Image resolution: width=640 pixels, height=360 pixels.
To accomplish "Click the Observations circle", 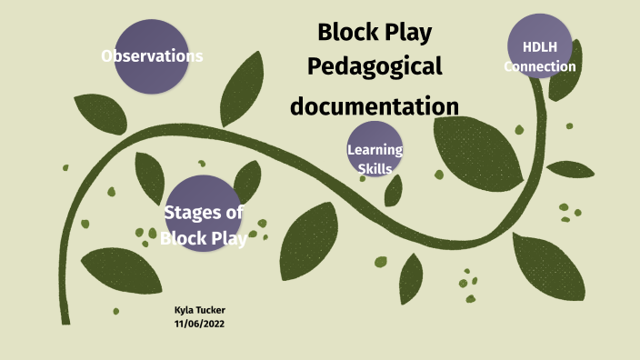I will [x=151, y=56].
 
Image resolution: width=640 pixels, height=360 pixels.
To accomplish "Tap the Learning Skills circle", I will [x=375, y=148].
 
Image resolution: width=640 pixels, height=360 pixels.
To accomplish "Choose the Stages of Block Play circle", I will [x=203, y=214].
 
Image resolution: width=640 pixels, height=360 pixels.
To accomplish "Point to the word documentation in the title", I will [x=375, y=105].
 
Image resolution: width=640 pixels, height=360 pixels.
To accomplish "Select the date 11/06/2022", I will [x=198, y=323].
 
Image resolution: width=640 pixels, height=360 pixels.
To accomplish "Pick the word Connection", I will [x=540, y=66].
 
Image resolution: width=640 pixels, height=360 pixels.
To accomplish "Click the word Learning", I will [x=375, y=150].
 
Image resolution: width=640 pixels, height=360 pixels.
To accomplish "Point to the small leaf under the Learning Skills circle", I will [x=394, y=191].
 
